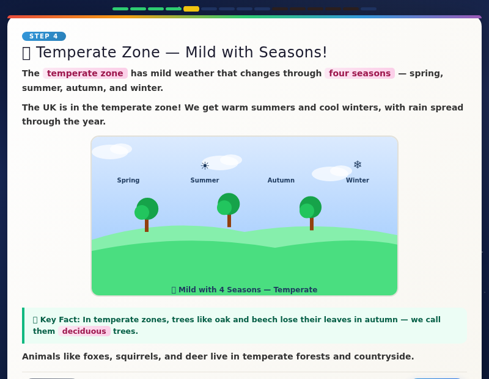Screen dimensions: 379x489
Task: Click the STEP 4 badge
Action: (x=43, y=37)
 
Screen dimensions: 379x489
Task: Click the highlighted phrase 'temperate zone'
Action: (x=85, y=73)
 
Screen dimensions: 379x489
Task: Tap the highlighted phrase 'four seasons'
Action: (x=359, y=73)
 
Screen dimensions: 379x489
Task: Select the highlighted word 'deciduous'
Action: (x=84, y=331)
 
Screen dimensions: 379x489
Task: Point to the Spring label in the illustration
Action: (x=128, y=181)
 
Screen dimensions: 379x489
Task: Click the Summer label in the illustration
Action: (x=204, y=181)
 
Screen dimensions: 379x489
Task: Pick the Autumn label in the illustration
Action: (x=281, y=181)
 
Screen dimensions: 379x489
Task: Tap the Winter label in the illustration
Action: (x=357, y=181)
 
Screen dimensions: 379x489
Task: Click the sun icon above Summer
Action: (x=205, y=165)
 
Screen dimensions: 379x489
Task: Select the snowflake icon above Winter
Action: (x=358, y=165)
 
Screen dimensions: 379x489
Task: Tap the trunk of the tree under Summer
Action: (x=229, y=220)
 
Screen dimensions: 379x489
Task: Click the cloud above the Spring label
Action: (x=111, y=151)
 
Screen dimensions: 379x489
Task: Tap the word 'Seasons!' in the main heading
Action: (x=293, y=52)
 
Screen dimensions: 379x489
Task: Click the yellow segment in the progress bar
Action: (x=191, y=9)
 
